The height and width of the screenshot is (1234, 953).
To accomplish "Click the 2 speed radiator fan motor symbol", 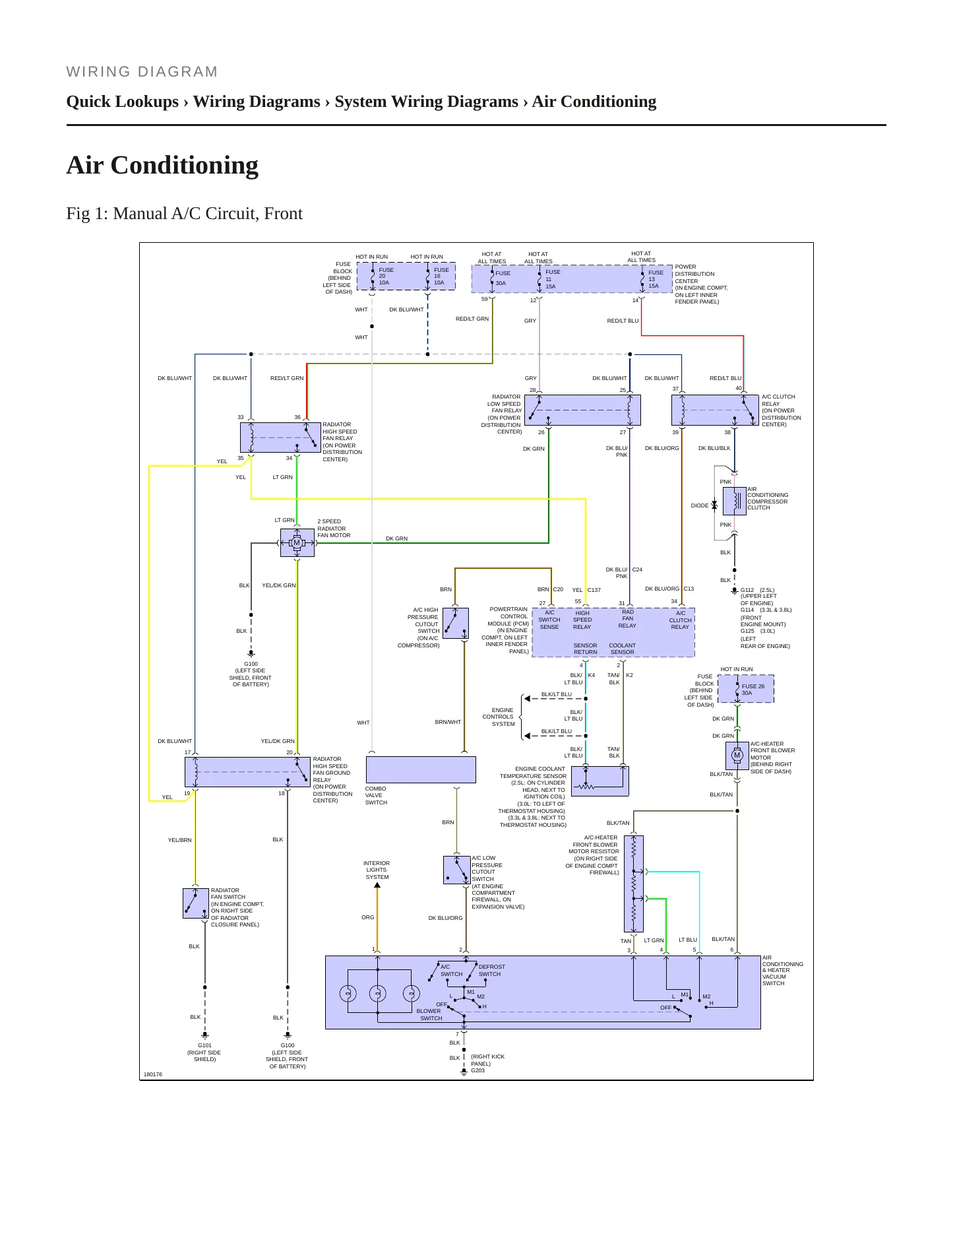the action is tap(297, 542).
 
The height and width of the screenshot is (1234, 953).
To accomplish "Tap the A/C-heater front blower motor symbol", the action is tap(737, 755).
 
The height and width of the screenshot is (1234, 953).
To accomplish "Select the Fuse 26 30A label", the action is tap(753, 690).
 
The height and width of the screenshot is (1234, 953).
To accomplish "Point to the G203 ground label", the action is tap(477, 1070).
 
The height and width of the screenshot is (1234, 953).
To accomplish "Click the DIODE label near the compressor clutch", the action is tap(700, 505).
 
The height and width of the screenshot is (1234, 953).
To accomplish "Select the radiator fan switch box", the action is tap(196, 903).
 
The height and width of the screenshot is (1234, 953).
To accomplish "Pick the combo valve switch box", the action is tap(421, 769).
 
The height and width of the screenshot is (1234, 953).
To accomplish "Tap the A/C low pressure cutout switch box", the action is tap(456, 870).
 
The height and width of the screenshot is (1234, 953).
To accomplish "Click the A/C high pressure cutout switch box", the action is tap(456, 624).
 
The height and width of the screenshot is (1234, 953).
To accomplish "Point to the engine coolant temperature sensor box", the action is tap(599, 781).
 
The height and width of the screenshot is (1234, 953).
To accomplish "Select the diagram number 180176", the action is tap(153, 1074).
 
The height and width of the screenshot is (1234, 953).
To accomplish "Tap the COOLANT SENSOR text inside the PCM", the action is tap(622, 649).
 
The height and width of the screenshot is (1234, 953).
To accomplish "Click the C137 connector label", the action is tap(594, 590).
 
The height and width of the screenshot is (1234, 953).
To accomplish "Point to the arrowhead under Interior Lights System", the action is tap(377, 886).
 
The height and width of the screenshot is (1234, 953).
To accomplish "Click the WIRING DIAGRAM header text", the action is tap(142, 72).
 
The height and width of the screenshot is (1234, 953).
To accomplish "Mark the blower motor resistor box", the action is tap(633, 884).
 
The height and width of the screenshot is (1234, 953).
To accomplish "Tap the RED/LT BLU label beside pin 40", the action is tap(725, 379).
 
